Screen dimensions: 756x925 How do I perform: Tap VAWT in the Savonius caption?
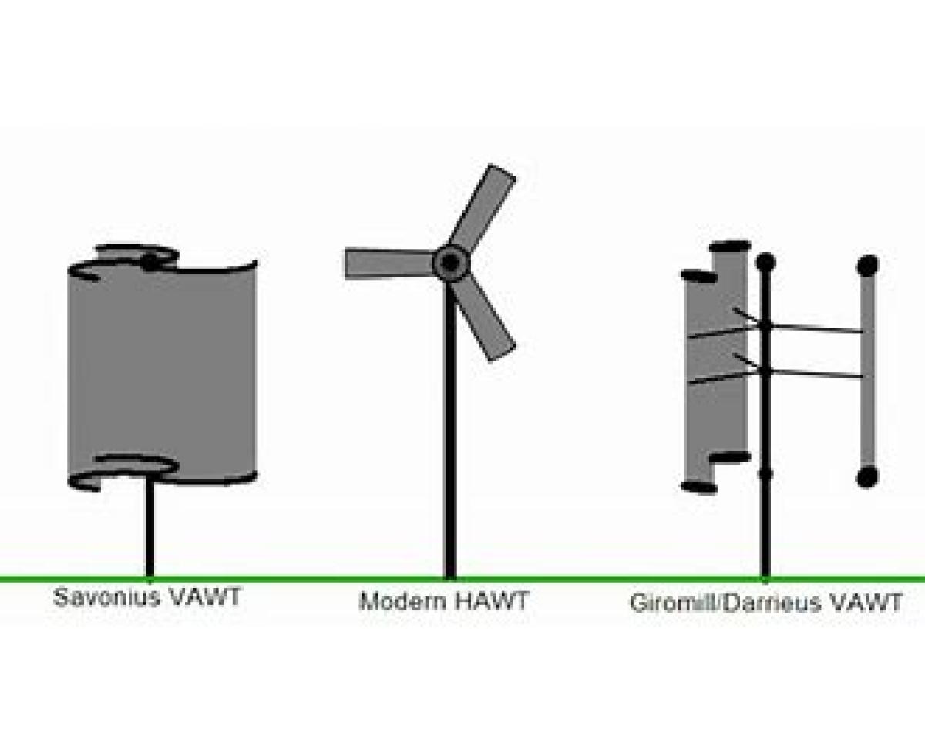pos(203,597)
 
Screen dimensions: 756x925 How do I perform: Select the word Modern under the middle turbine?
pos(402,600)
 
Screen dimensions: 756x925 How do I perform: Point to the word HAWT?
pos(492,600)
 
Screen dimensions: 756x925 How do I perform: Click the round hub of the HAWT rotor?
pos(450,264)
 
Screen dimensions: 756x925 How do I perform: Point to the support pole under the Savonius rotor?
pos(150,532)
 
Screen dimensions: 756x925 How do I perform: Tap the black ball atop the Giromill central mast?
pos(765,262)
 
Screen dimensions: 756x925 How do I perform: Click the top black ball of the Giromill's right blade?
pos(868,266)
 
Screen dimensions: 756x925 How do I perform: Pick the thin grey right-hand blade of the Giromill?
pos(868,370)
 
